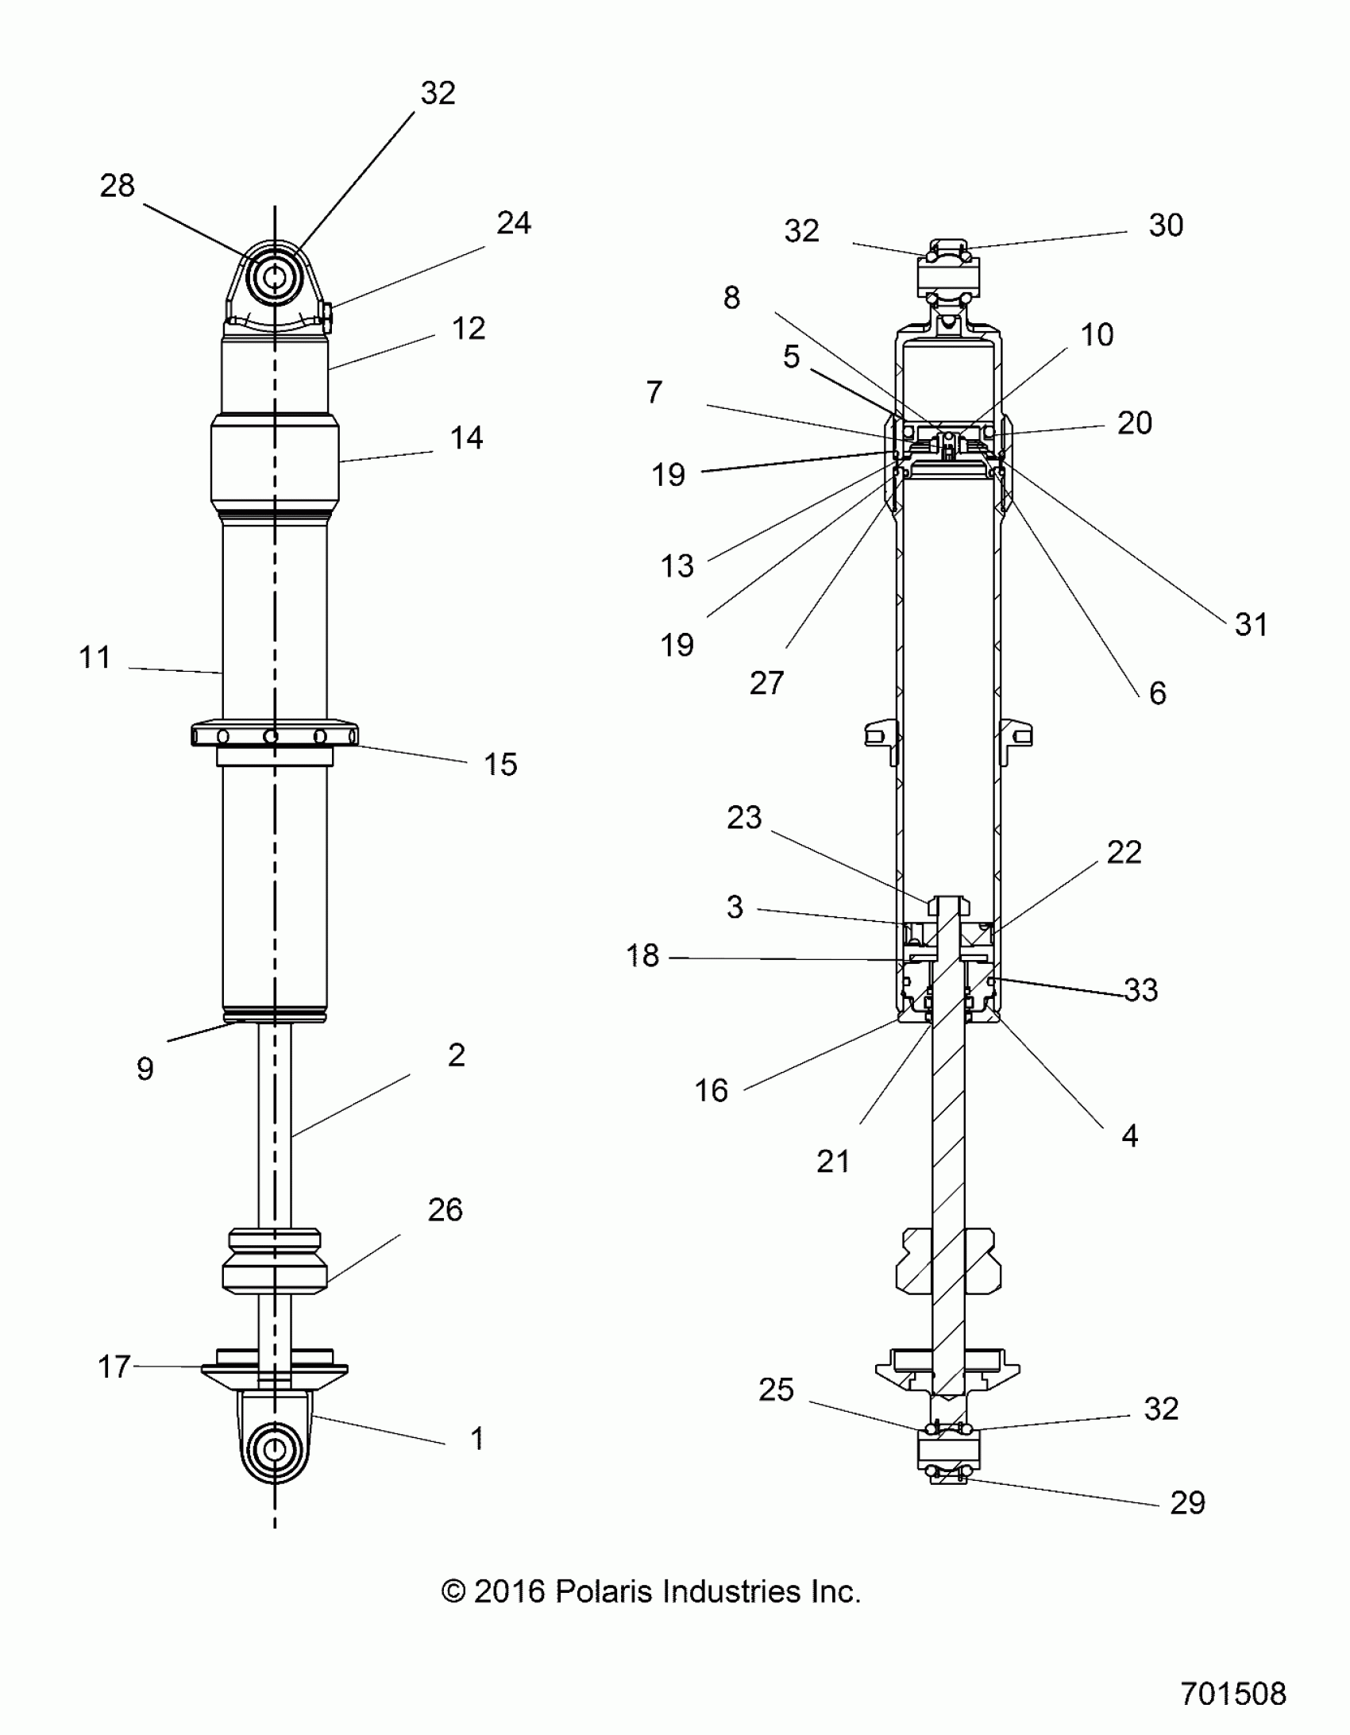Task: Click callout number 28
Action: click(117, 186)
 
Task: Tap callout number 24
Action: click(513, 223)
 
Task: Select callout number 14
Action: click(466, 438)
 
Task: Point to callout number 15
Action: click(500, 764)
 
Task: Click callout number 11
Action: click(94, 657)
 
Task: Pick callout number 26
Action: click(445, 1210)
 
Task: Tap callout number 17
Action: click(114, 1367)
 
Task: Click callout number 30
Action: click(1166, 226)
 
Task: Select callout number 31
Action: click(1251, 624)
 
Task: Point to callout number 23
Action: click(744, 817)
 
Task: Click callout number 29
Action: click(1187, 1502)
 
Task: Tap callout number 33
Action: click(1141, 990)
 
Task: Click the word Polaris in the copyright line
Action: click(604, 1591)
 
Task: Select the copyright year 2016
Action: click(508, 1591)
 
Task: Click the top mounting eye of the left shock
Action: click(275, 278)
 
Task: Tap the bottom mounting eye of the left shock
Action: click(275, 1449)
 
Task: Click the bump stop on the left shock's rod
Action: click(275, 1261)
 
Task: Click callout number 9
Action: click(145, 1069)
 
